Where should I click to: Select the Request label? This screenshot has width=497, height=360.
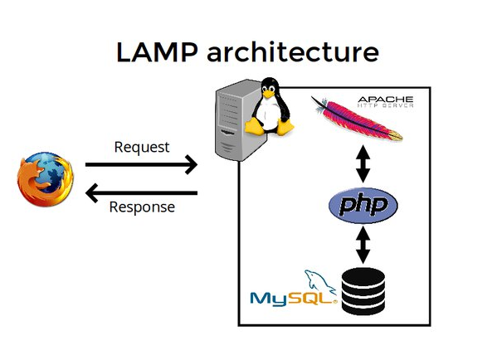pyautogui.click(x=141, y=148)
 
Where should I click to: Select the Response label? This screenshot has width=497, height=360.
pyautogui.click(x=142, y=207)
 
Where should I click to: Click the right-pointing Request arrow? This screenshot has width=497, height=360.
pyautogui.click(x=141, y=164)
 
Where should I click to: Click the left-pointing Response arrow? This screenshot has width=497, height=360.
pyautogui.click(x=141, y=193)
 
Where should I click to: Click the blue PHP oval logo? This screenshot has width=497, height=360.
pyautogui.click(x=363, y=205)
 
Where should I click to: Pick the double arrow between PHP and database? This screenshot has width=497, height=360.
pyautogui.click(x=362, y=244)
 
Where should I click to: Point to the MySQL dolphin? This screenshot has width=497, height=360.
pyautogui.click(x=319, y=281)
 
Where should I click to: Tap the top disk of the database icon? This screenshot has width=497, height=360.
pyautogui.click(x=363, y=275)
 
